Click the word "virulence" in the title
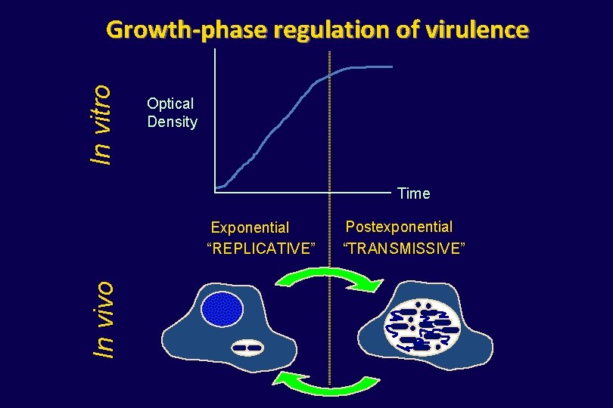click(476, 30)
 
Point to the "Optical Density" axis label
click(172, 113)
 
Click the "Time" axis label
click(413, 193)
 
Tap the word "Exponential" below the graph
click(250, 227)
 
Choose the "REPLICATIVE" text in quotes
click(260, 248)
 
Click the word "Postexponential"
click(399, 227)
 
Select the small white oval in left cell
click(247, 348)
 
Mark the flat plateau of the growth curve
click(371, 67)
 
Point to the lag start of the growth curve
click(220, 186)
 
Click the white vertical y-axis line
click(216, 121)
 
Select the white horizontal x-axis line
click(303, 193)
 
